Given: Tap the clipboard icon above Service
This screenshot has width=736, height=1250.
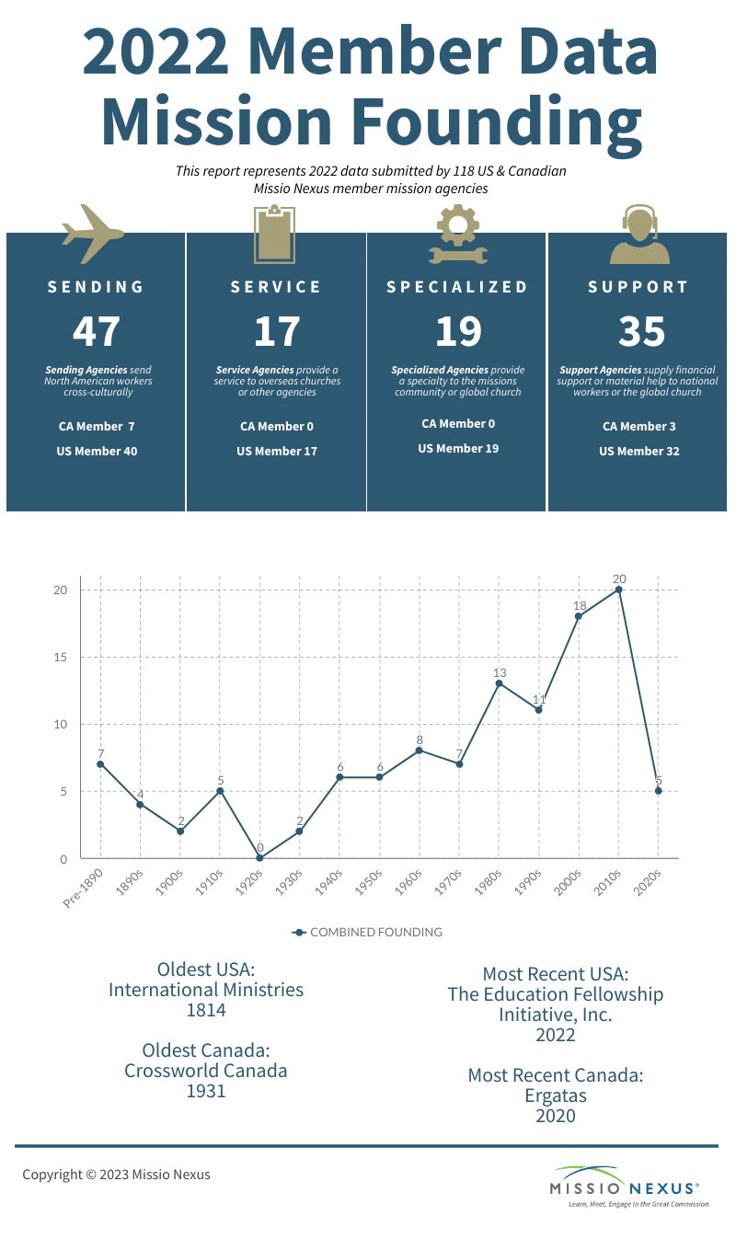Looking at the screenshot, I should [x=275, y=234].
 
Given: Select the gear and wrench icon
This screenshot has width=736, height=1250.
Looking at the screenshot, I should [x=457, y=235].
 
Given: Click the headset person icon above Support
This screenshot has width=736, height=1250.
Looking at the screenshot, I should [x=638, y=235].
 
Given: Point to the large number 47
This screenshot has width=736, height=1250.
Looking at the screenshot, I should [x=97, y=331].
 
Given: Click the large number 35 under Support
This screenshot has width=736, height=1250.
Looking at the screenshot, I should [x=641, y=331].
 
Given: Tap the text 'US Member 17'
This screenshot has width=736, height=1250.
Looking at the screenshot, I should [x=276, y=451].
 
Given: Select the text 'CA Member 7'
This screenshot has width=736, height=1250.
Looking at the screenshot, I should [x=97, y=426].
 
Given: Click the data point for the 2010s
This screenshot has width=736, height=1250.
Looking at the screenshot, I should [x=618, y=590].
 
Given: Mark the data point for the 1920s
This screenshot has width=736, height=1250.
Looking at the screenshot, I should [x=259, y=858].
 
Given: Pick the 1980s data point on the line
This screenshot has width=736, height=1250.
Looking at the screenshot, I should [x=499, y=683].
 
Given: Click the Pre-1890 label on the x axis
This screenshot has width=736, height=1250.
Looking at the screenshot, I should [x=83, y=887].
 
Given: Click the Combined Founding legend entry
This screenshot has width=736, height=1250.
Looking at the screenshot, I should [x=367, y=932].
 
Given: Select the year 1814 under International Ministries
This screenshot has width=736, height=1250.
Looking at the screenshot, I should [x=206, y=1010].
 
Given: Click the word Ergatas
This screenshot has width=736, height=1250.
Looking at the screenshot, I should [x=555, y=1095].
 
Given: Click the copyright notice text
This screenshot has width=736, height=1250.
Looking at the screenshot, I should [x=116, y=1175].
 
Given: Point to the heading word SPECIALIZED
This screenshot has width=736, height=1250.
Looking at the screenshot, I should [x=457, y=287].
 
